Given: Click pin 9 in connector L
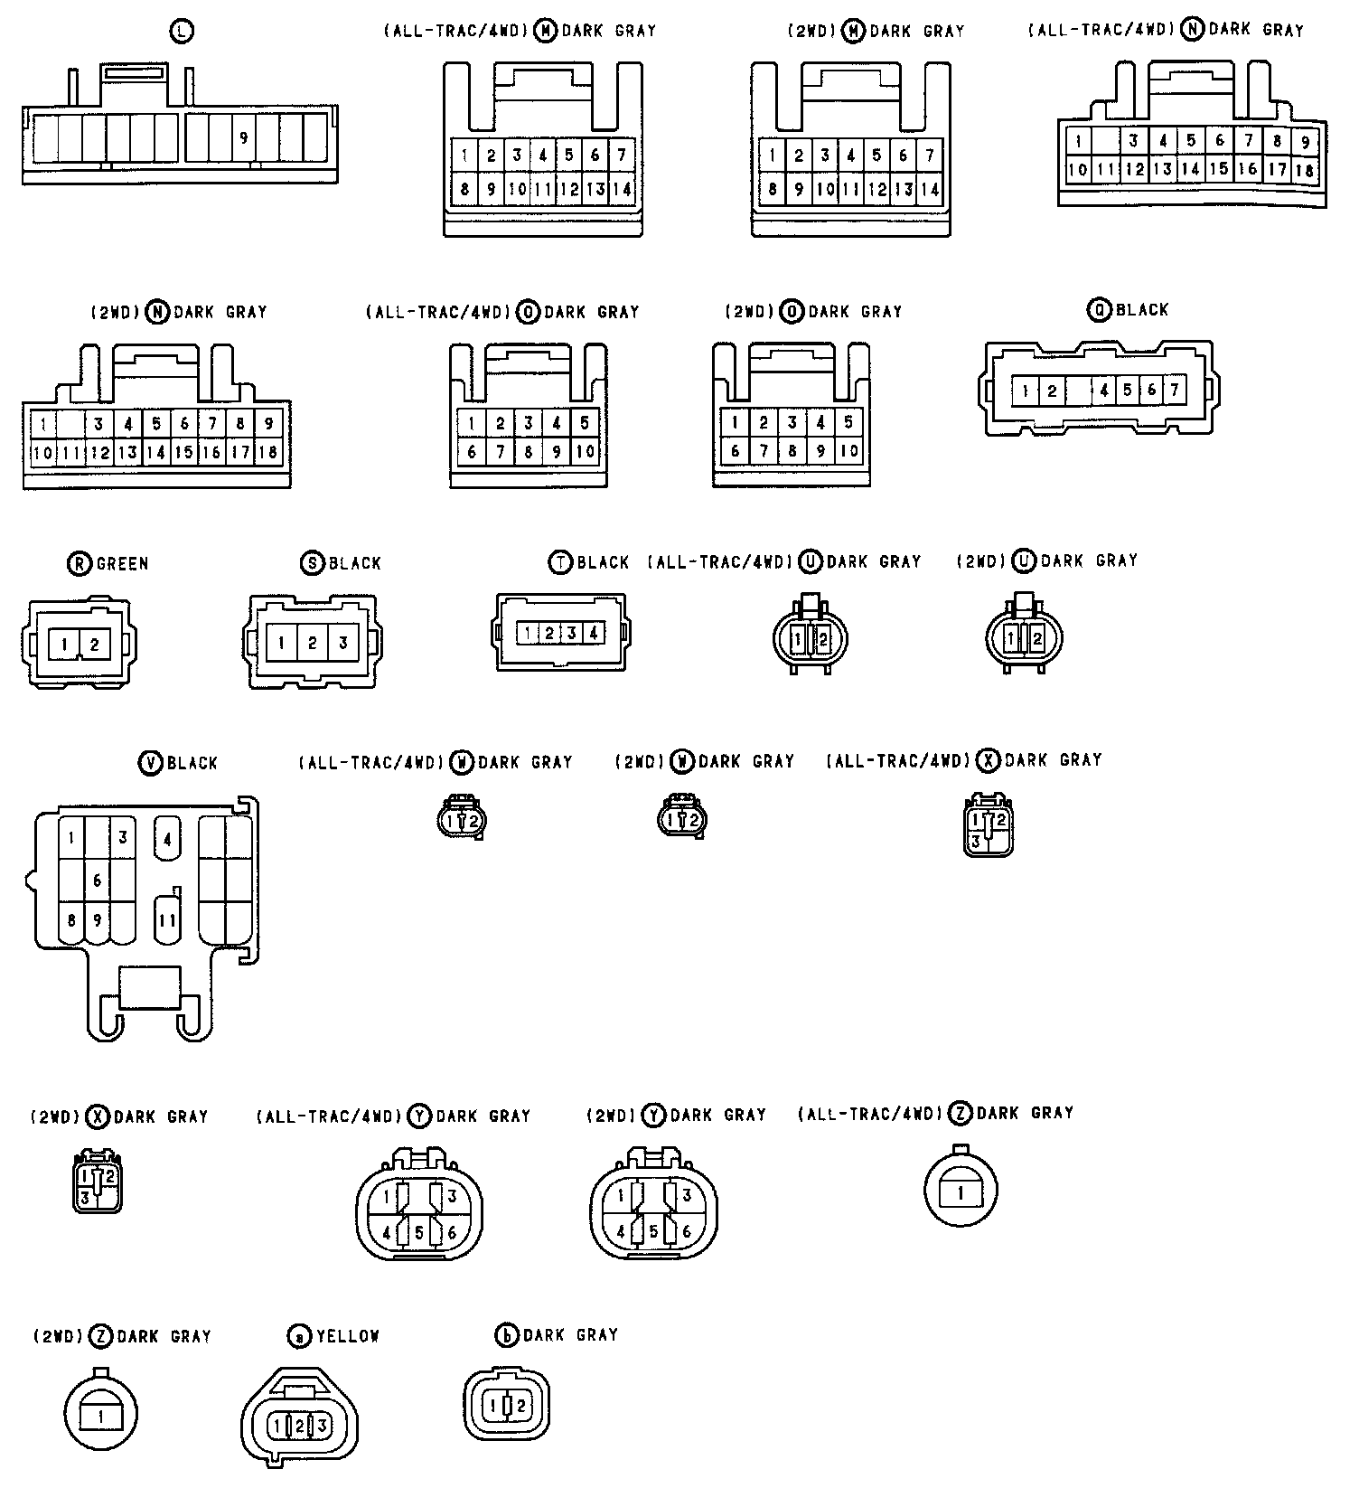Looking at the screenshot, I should (x=243, y=138).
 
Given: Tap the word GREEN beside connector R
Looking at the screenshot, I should (x=122, y=564).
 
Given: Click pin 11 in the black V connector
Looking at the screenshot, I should (x=167, y=921).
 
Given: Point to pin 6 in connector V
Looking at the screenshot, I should (x=98, y=880).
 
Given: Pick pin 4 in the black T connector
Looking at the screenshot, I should (x=593, y=633).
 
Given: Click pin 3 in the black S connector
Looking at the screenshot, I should (x=343, y=644).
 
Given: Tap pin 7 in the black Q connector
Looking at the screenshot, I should (x=1174, y=391).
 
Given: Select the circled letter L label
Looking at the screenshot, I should (x=182, y=32).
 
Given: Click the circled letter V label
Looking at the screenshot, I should (x=150, y=763).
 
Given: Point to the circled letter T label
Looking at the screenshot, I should (x=560, y=562).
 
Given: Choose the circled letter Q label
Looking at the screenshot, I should (x=1099, y=310).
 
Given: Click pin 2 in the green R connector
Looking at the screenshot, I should (x=94, y=645).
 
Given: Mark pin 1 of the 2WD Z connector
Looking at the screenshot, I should (x=100, y=1417).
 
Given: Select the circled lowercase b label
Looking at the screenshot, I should (x=508, y=1335).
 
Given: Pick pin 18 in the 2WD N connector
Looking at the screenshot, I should (x=268, y=452).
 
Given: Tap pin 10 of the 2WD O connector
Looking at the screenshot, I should (x=848, y=451).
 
